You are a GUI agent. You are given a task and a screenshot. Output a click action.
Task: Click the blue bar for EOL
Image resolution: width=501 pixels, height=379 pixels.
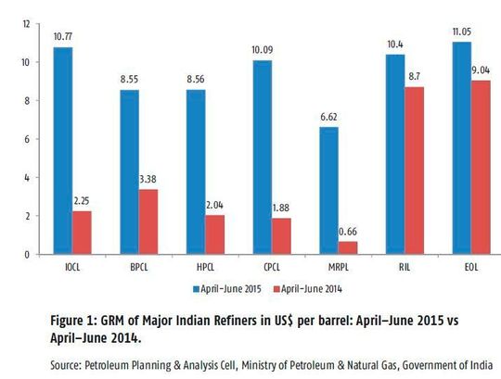(x=462, y=148)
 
